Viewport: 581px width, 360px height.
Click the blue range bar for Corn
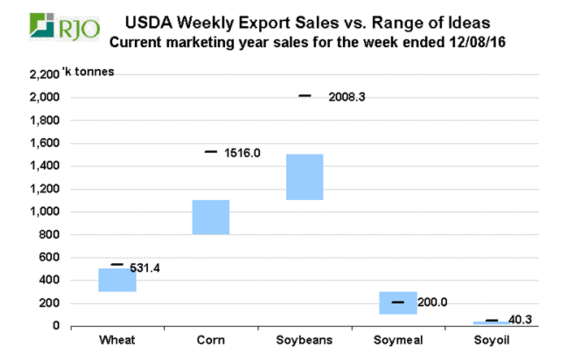(x=210, y=217)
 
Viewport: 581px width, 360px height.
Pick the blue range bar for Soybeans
(x=304, y=176)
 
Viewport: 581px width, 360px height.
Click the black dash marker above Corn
(x=210, y=151)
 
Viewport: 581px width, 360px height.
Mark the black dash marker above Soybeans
(x=305, y=96)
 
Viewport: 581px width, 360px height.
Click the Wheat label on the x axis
(x=117, y=339)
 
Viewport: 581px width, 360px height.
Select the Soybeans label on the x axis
(x=304, y=339)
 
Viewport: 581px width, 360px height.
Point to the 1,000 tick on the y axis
(x=44, y=212)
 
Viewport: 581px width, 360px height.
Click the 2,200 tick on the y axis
(x=44, y=75)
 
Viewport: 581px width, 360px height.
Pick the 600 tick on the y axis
(x=49, y=258)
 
